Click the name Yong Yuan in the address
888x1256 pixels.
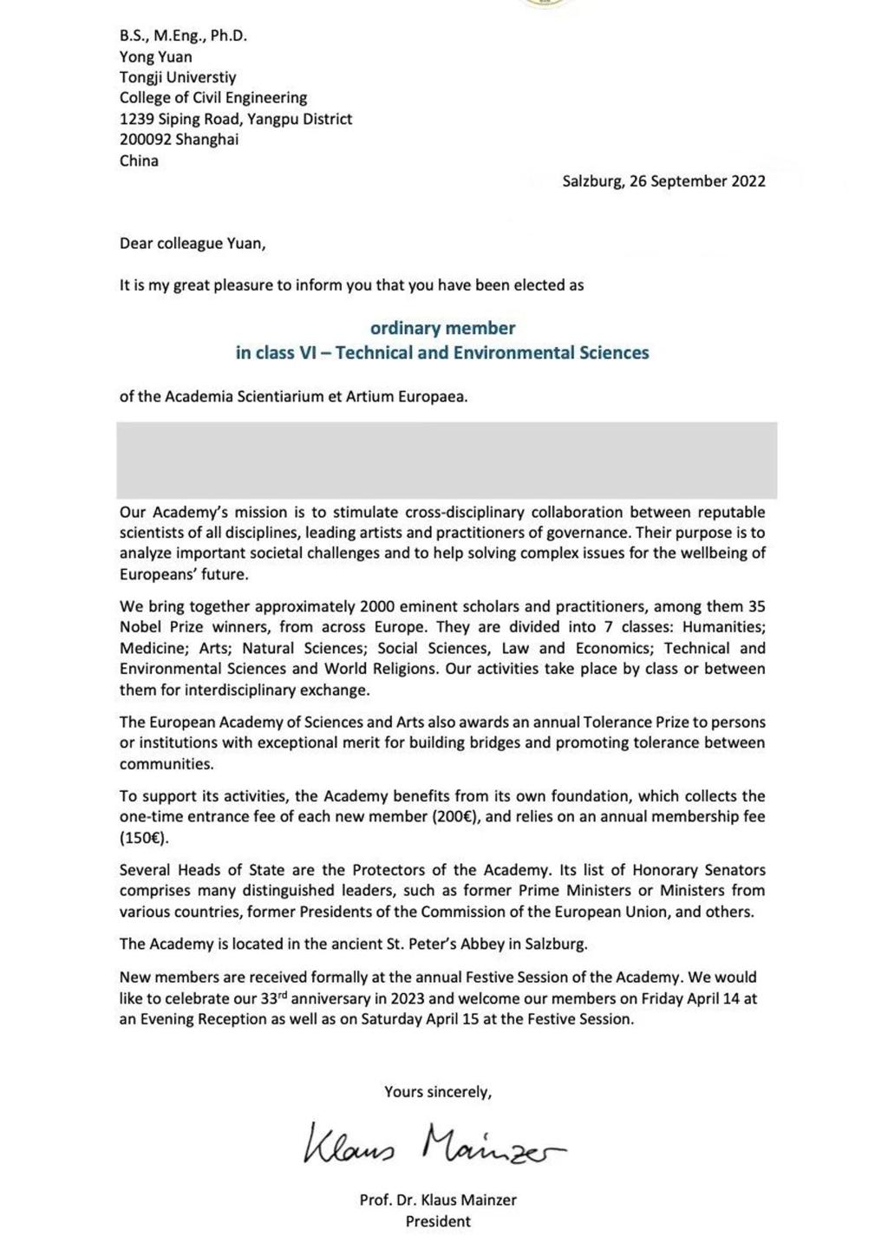click(156, 56)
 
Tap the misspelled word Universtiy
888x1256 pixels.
click(201, 77)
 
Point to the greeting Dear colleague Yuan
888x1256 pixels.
click(193, 243)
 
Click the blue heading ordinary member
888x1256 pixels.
click(442, 328)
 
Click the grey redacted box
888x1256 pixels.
click(447, 460)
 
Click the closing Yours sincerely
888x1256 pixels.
click(438, 1092)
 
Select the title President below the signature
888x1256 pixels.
click(438, 1221)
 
